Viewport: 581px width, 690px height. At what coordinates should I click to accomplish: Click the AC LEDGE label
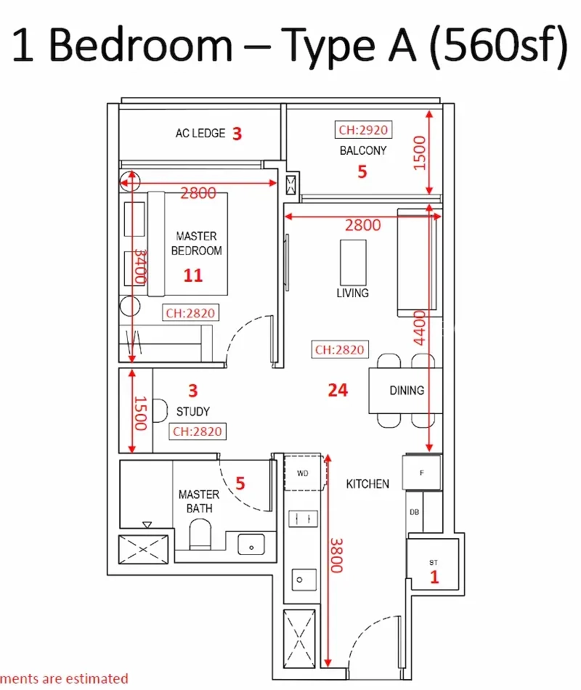pos(200,133)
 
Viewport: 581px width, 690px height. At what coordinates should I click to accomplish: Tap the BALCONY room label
pos(363,150)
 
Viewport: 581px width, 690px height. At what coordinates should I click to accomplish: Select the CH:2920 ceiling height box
pos(363,130)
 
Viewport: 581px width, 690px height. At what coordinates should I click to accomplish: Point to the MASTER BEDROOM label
pos(196,243)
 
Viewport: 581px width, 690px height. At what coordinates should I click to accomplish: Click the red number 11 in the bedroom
pos(192,275)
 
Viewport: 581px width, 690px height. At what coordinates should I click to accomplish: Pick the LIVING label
pos(352,293)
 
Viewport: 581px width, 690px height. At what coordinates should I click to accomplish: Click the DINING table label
pos(407,390)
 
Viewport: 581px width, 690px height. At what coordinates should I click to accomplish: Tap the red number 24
pos(338,390)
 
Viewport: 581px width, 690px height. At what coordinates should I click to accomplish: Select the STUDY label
pos(192,411)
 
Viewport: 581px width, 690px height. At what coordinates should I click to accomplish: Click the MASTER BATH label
pos(199,501)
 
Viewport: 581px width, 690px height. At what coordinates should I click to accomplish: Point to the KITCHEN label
pos(367,484)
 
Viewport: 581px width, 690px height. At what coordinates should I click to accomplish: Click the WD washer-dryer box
pos(304,473)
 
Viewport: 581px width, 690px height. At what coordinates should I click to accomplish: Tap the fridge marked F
pos(422,473)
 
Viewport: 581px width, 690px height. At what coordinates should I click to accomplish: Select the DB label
pos(414,512)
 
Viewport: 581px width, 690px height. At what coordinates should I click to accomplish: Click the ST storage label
pos(434,562)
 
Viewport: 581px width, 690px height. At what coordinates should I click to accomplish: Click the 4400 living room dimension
pos(420,328)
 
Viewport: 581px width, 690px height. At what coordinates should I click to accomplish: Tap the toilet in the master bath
pos(200,534)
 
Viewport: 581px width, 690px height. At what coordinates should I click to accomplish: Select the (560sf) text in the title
pos(499,46)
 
